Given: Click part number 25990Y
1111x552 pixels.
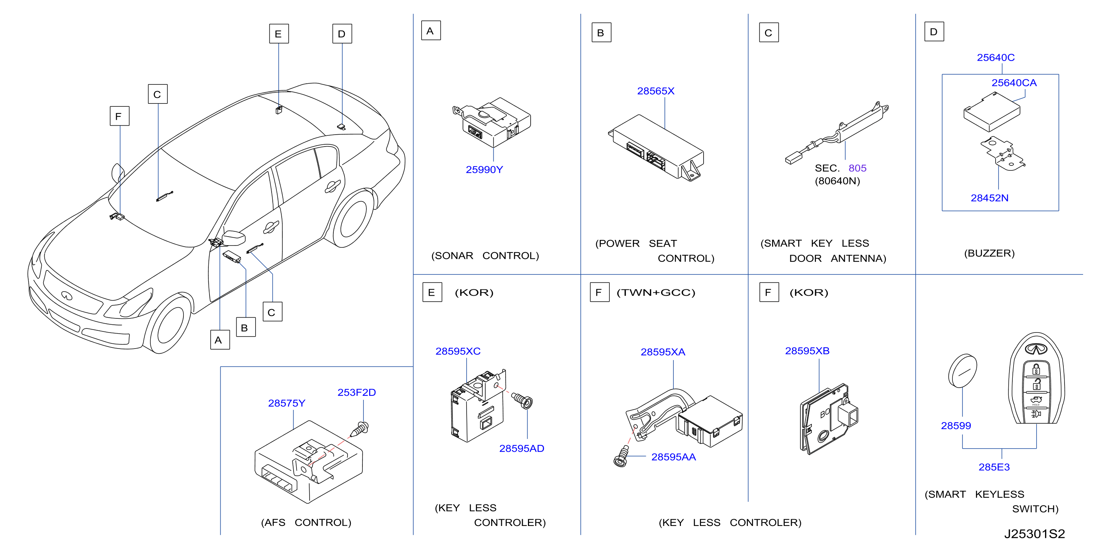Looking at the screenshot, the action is click(x=484, y=170).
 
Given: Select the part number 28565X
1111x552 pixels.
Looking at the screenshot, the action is click(x=656, y=91).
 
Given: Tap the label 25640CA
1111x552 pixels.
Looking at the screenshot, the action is click(x=1014, y=83).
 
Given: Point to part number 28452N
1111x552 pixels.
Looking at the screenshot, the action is click(x=989, y=198).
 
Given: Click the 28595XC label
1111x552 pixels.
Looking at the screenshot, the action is click(x=458, y=351).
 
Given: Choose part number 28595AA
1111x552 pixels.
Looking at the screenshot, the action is click(x=673, y=457).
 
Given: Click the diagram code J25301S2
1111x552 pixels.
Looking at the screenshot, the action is click(x=1034, y=534).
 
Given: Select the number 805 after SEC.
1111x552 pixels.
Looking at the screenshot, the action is click(x=857, y=168).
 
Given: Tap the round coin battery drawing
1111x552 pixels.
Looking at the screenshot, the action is click(x=962, y=370).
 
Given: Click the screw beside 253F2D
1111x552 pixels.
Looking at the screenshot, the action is click(x=359, y=430).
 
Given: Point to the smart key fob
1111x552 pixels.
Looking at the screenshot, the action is click(x=1036, y=378).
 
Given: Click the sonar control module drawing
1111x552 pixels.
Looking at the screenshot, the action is click(x=492, y=122).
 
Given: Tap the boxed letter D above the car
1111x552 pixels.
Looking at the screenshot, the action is click(x=342, y=33).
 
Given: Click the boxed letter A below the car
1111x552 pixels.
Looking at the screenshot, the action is click(x=220, y=340).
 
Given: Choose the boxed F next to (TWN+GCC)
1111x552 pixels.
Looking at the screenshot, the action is click(x=599, y=292).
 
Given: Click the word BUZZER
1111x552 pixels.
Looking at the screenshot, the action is click(x=989, y=253).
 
